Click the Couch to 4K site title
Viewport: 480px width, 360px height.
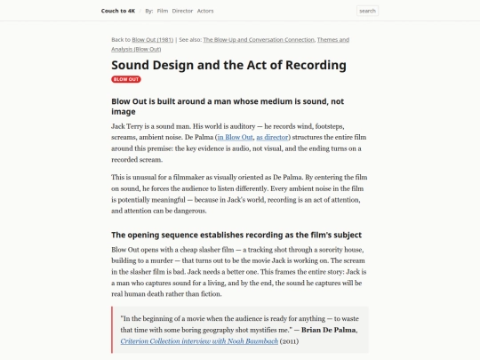coord(118,11)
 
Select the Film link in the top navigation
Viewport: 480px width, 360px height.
coord(163,11)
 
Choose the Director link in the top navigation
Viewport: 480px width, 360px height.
coord(182,11)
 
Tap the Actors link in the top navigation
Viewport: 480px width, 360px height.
coord(205,11)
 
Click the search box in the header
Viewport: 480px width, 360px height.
coord(367,11)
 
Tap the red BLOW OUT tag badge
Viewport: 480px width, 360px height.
coord(126,79)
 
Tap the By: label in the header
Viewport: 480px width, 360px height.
coord(149,11)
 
